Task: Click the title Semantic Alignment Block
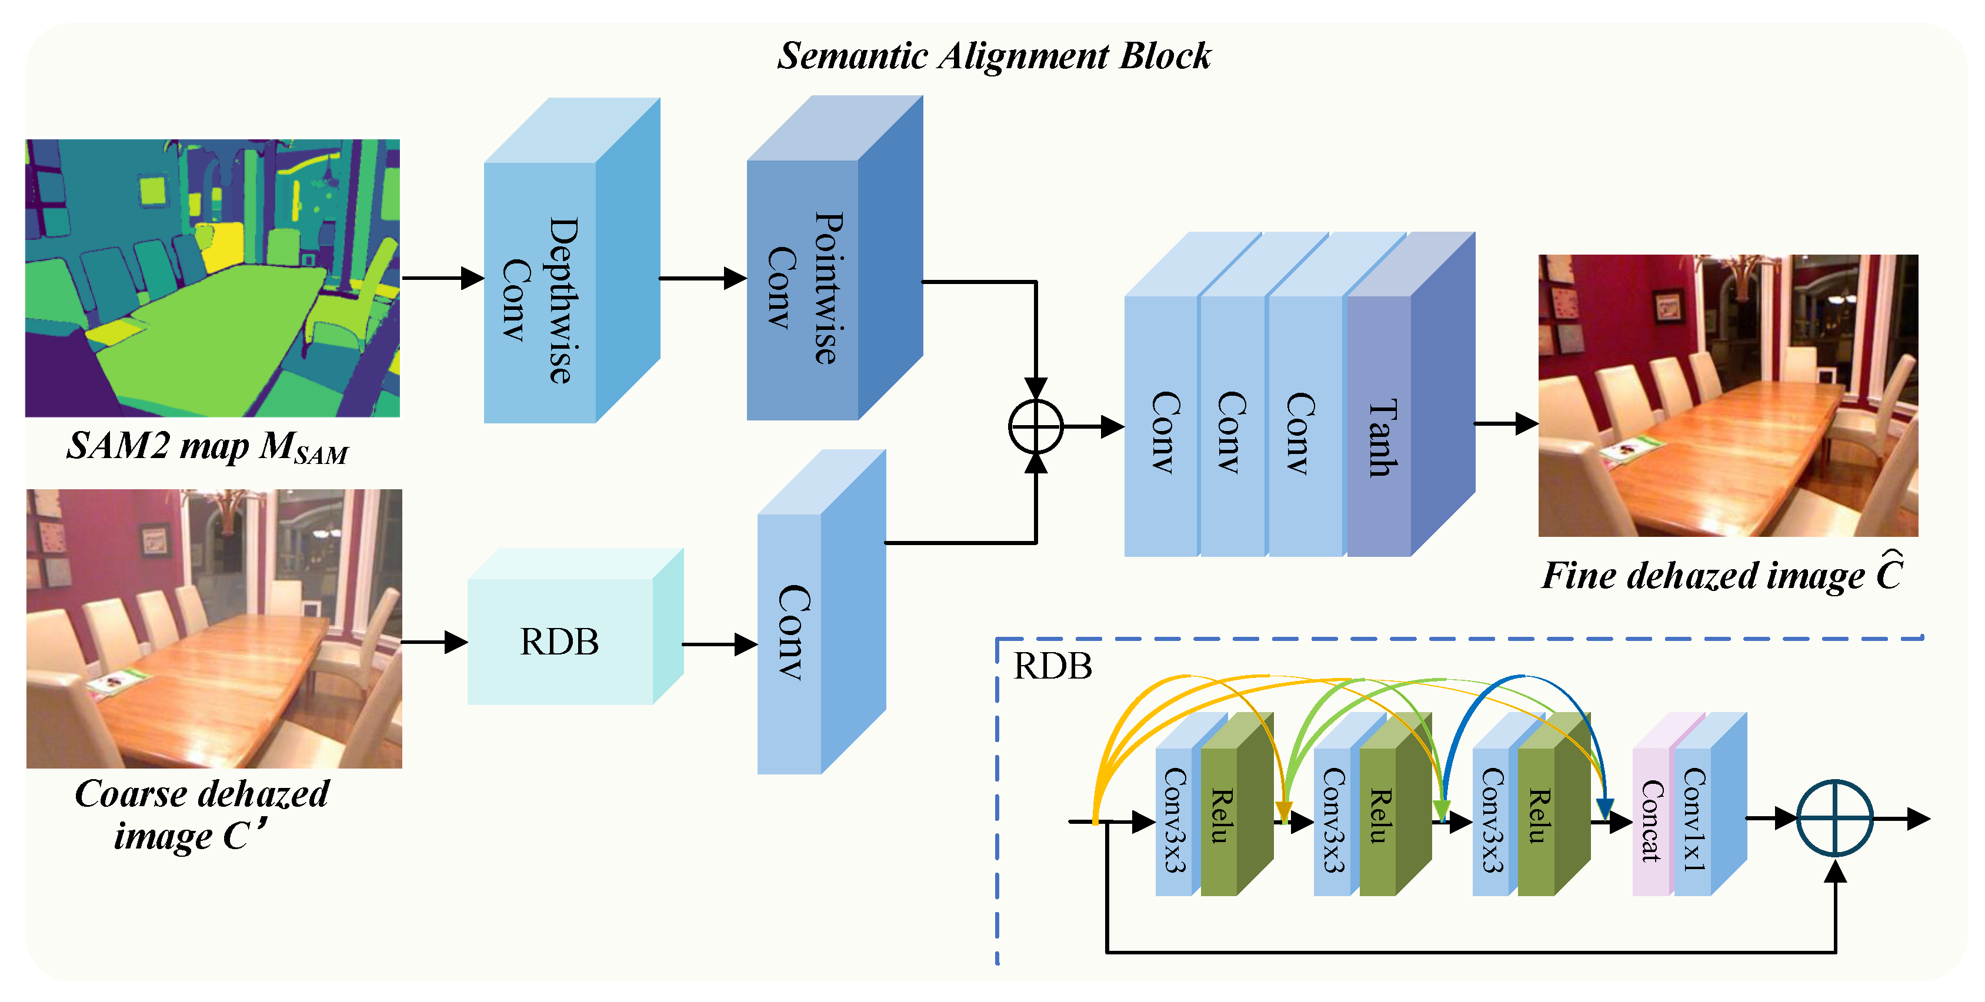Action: pos(993,55)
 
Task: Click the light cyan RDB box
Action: pos(560,641)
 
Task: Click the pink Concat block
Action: pos(1650,820)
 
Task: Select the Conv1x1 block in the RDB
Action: pos(1692,820)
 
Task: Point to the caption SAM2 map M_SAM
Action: pos(206,447)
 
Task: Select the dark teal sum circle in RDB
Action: pos(1835,818)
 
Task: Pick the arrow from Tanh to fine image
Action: pos(1506,423)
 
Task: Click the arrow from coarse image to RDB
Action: pos(435,642)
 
